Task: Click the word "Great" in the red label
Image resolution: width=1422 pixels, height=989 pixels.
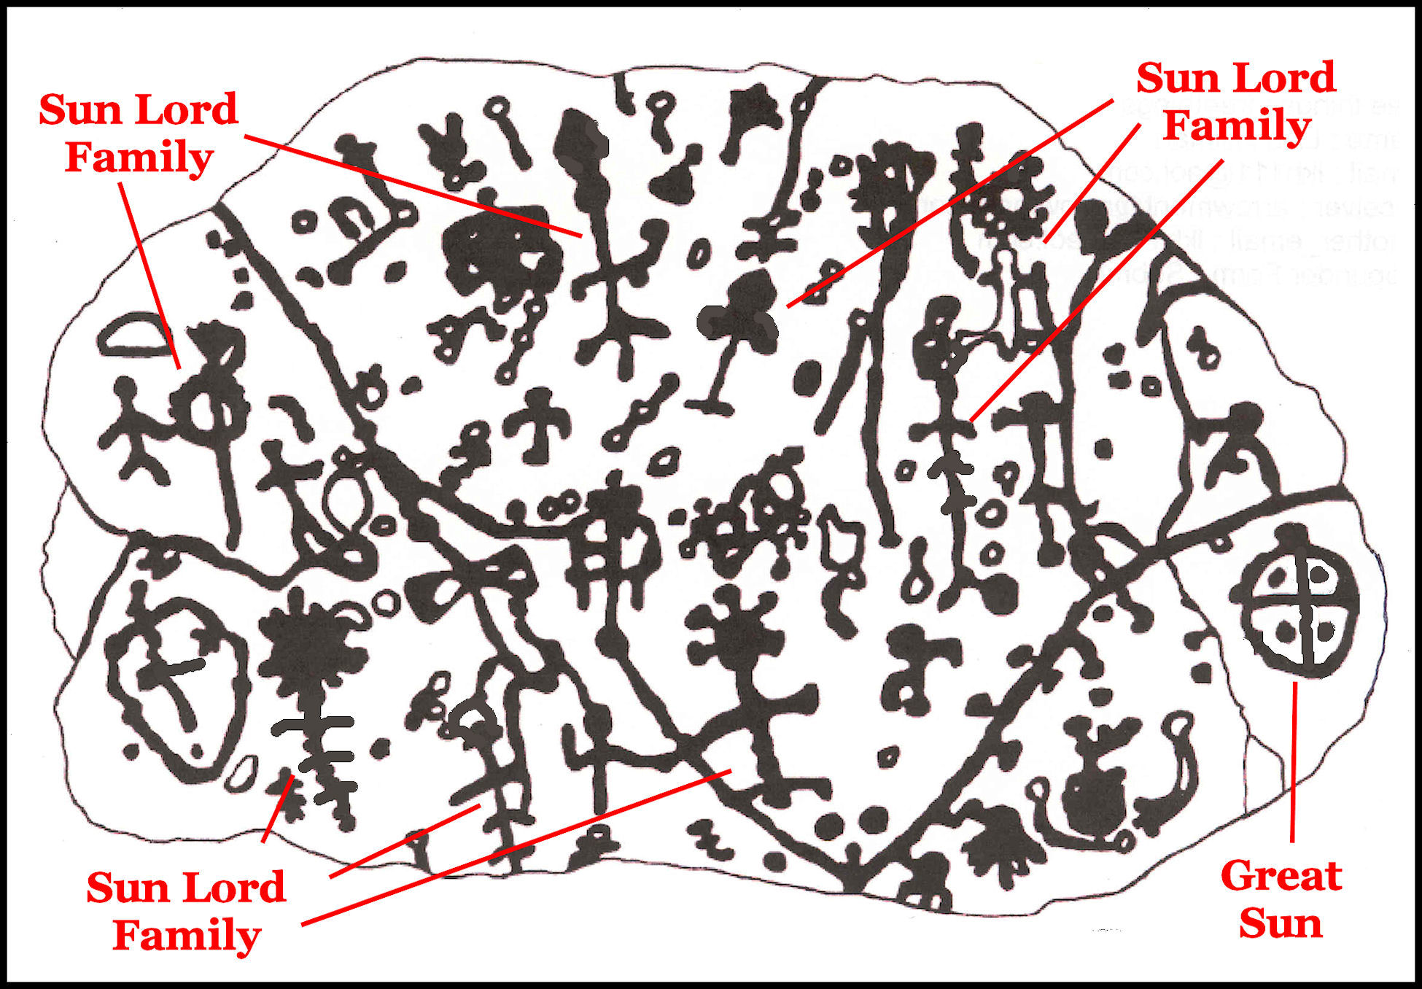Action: (1281, 876)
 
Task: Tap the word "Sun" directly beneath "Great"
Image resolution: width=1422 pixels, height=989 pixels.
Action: (1281, 923)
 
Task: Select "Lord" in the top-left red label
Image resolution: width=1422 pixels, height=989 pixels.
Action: (187, 109)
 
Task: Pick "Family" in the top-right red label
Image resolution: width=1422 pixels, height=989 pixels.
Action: (1237, 126)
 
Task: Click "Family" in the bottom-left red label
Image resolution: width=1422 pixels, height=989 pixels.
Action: (187, 936)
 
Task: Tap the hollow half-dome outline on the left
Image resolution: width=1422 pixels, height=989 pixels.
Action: (132, 336)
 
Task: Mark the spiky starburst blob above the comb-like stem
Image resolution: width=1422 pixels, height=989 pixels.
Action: (310, 649)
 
